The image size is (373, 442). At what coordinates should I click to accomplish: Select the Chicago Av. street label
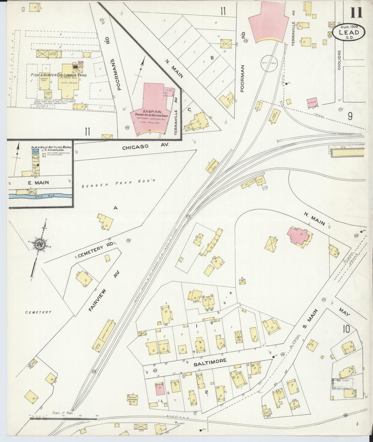[x=145, y=147]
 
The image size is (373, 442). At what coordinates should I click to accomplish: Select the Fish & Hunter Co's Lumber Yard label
[x=59, y=75]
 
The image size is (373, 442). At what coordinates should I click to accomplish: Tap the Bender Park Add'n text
[x=119, y=184]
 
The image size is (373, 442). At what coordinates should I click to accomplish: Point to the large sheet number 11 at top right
[x=356, y=12]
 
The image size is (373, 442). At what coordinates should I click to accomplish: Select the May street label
[x=344, y=312]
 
